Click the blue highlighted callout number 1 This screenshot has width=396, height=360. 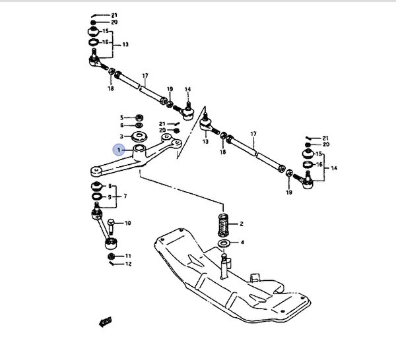point(119,151)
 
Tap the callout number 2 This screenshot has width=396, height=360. point(242,224)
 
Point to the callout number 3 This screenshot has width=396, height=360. point(121,136)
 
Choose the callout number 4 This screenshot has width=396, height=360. point(242,243)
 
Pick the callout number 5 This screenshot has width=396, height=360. point(121,117)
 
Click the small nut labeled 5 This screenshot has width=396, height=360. point(140,117)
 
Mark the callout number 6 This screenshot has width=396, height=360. point(121,125)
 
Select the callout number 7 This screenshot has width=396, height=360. point(125,196)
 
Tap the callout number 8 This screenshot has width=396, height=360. point(110,186)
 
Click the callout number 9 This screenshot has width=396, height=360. point(110,196)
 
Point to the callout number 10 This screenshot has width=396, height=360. point(128,223)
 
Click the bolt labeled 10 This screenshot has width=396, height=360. point(111,227)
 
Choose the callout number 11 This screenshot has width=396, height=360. point(128,255)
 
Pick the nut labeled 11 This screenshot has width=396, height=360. point(111,255)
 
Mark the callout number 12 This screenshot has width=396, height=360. point(128,264)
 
